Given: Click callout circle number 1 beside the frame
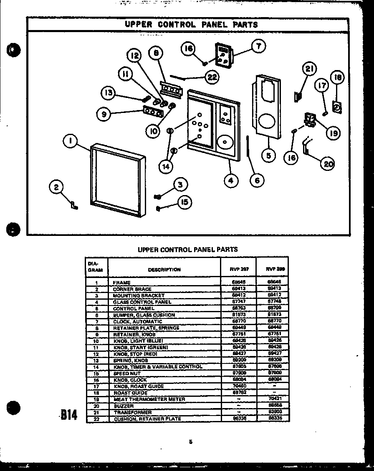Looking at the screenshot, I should (71, 142).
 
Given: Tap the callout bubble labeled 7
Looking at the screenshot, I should (258, 47).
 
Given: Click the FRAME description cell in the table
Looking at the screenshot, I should (122, 283).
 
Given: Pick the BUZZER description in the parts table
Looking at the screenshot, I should (124, 406).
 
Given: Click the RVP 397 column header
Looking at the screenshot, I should (239, 269).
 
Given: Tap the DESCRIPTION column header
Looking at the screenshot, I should (164, 270).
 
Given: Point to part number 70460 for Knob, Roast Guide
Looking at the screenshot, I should (239, 386).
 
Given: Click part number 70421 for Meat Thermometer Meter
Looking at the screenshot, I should (273, 399).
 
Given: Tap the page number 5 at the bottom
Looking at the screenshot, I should (190, 442).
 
